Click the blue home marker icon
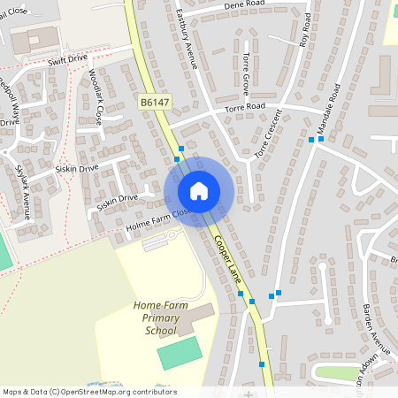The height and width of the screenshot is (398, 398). click(199, 191)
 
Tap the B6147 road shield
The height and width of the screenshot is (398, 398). click(154, 103)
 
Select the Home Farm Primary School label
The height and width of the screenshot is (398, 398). click(161, 318)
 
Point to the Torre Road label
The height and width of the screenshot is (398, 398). click(246, 107)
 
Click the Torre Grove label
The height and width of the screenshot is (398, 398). click(245, 73)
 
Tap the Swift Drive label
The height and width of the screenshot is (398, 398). click(69, 60)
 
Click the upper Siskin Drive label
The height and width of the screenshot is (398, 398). click(77, 167)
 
